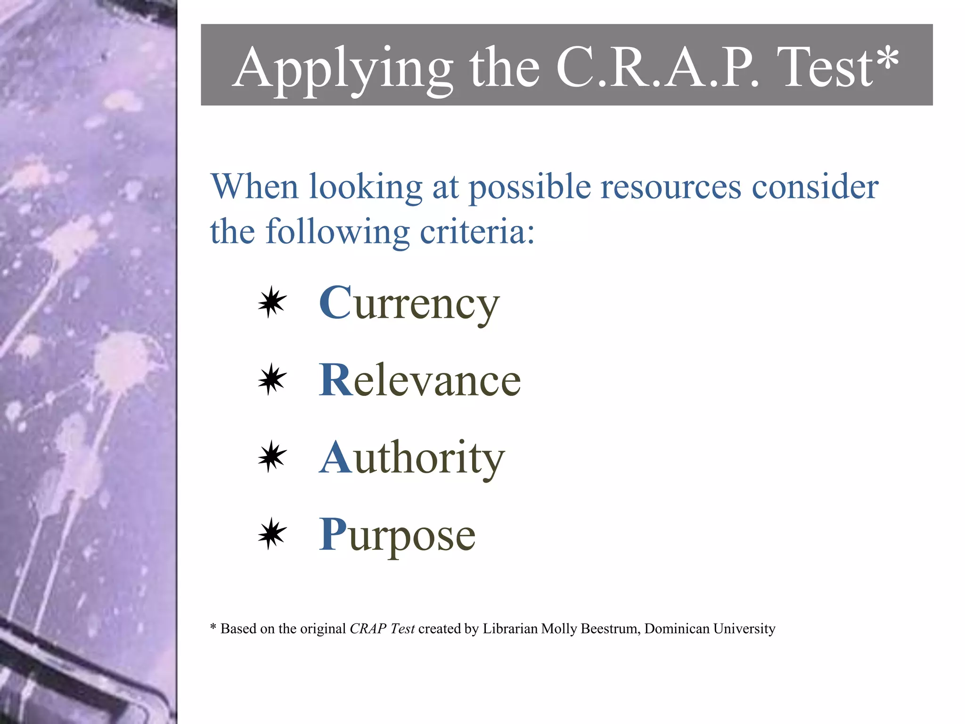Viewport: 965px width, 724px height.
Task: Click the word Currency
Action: [409, 304]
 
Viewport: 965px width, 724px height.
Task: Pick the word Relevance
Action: [420, 380]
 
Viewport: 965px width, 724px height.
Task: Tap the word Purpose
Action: [397, 535]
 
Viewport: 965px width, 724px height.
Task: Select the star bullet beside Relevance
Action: [272, 379]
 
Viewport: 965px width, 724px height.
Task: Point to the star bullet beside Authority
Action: [272, 456]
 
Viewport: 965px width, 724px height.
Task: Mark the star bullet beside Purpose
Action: [272, 534]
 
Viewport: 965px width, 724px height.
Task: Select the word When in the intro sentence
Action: [255, 187]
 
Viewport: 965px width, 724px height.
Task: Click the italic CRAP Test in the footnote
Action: [382, 629]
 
